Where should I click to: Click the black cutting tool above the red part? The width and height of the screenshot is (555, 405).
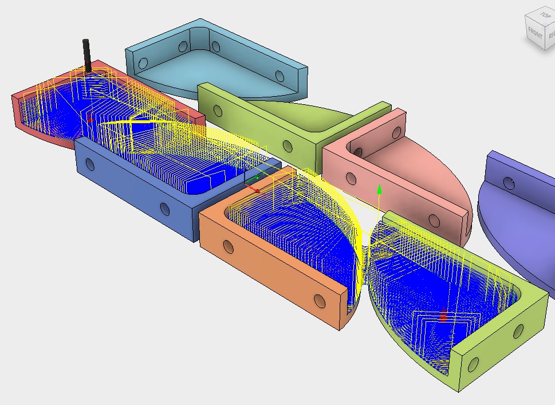86,54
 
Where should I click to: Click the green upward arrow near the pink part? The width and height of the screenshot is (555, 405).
379,189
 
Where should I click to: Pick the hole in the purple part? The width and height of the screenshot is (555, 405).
508,182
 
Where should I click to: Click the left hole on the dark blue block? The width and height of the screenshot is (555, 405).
90,164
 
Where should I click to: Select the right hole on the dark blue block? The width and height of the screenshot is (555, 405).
165,209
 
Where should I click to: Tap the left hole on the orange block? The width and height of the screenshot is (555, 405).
229,247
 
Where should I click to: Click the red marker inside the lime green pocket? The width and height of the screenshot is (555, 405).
443,316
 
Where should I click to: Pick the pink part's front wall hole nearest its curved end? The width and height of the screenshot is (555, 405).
434,221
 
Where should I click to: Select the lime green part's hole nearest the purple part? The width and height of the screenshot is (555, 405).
518,331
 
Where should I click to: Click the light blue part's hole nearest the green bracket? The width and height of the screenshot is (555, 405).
280,76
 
